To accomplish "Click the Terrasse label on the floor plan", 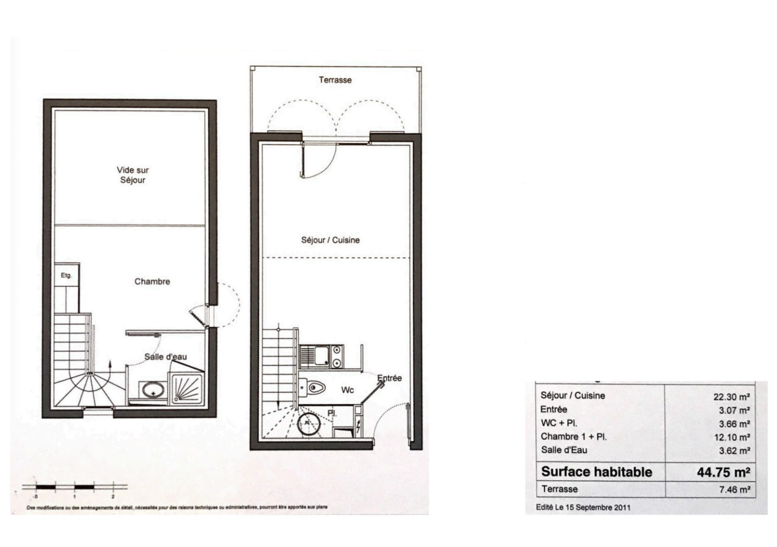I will click(335, 80).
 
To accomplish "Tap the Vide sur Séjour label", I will click(133, 175).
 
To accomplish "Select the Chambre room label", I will click(152, 282).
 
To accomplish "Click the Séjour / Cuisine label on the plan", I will click(330, 240).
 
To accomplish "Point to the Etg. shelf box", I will click(67, 276).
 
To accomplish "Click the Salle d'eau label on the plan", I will click(166, 357).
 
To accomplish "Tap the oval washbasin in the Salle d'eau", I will click(152, 391).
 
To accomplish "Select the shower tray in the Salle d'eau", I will click(188, 389).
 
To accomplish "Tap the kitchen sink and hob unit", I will click(321, 356).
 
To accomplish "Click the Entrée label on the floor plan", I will click(390, 378).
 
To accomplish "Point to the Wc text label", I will click(347, 390).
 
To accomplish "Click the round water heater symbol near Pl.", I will click(307, 423).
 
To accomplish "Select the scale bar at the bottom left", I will click(74, 488).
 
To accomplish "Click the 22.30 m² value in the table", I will click(731, 397).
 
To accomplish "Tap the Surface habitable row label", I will click(596, 472).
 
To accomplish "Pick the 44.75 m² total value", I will click(723, 472).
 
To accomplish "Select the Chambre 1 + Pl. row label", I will click(573, 437).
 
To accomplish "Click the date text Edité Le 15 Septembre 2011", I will click(583, 507).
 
